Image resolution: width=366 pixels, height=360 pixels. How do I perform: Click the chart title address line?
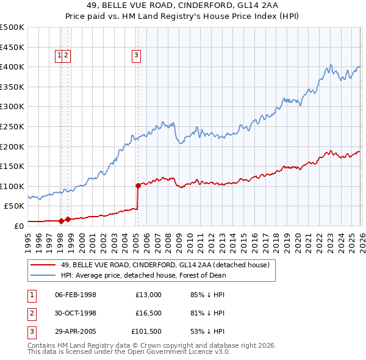pos(183,6)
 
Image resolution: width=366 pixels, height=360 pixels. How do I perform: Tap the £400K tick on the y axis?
pos(12,67)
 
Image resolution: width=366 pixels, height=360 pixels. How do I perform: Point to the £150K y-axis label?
pos(12,166)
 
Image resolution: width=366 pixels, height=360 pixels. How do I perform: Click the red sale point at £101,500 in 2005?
pos(138,185)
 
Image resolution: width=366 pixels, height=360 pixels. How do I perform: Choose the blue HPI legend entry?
pos(143,275)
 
